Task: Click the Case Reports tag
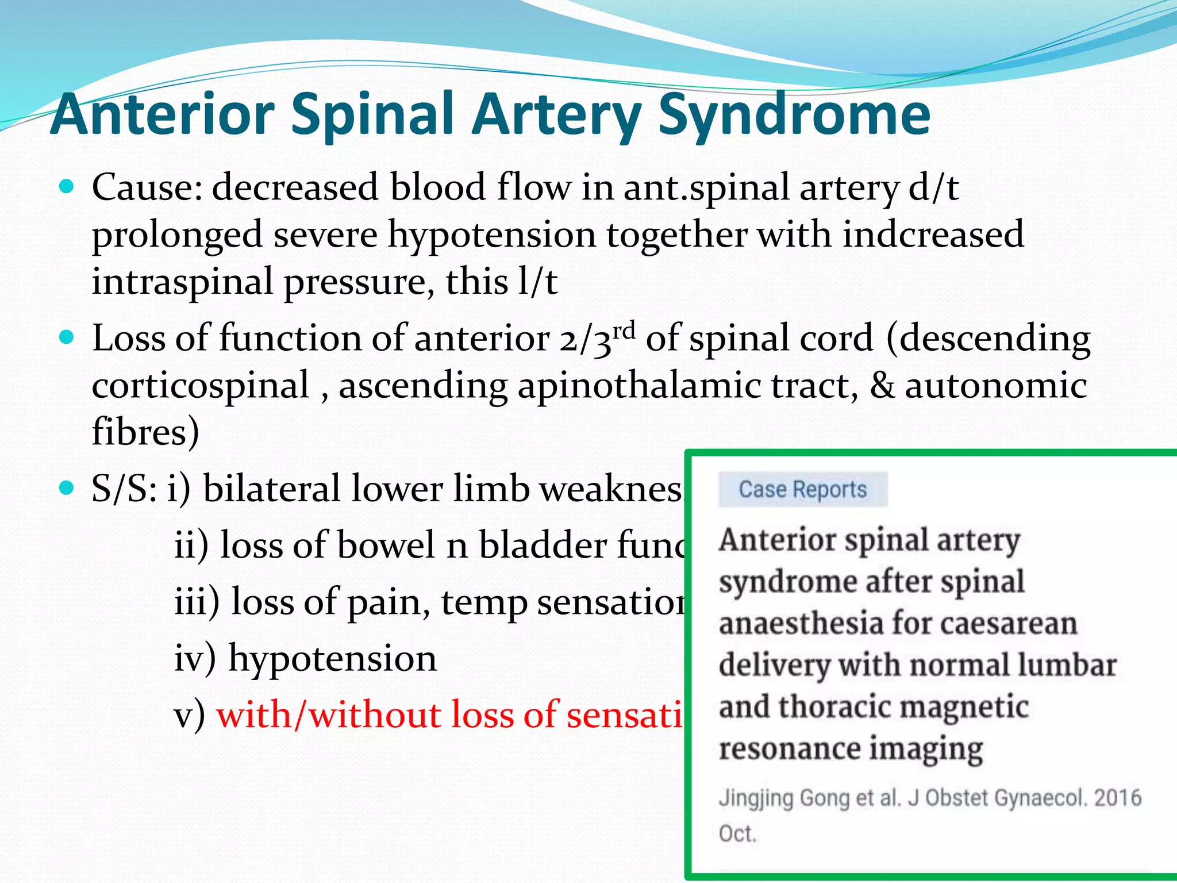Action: [802, 490]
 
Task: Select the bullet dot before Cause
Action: [67, 187]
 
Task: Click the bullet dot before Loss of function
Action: [67, 337]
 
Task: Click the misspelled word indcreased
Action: [933, 235]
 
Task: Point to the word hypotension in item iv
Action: [332, 658]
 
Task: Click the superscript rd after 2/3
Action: [624, 331]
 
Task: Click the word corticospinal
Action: [201, 385]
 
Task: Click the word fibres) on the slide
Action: [145, 432]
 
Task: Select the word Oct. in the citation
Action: [737, 834]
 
